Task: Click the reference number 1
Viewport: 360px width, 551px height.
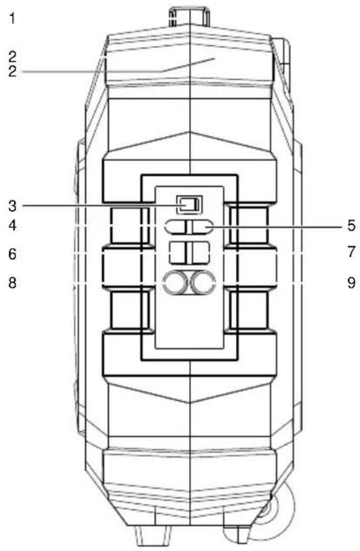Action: [x=12, y=18]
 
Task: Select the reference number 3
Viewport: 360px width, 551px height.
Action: [x=12, y=205]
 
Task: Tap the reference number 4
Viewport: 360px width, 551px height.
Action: [x=12, y=225]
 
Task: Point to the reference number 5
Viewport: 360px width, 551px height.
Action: [x=351, y=225]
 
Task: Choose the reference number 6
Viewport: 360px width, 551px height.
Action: [x=12, y=253]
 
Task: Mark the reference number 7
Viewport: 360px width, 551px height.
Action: [x=351, y=251]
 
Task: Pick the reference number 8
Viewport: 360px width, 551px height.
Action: [x=12, y=282]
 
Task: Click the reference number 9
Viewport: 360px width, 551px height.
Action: [x=351, y=282]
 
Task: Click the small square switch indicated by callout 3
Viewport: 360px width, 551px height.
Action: [x=190, y=205]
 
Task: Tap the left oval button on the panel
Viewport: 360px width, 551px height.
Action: [x=176, y=227]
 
